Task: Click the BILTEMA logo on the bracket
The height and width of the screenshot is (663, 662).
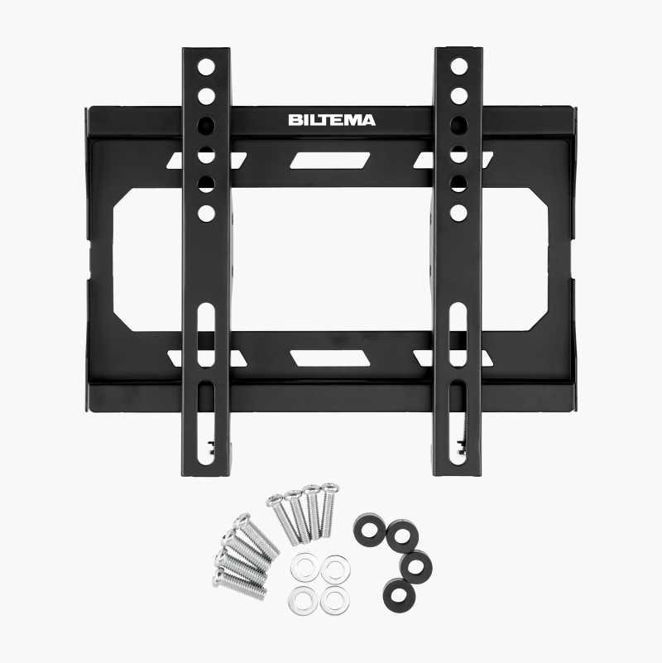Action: coord(332,121)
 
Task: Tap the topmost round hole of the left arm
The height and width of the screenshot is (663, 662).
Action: coord(206,67)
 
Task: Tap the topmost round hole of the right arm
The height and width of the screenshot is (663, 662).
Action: coord(458,66)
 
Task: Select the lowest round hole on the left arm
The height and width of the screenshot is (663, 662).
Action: coord(206,214)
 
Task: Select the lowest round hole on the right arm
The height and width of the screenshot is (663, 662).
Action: coord(458,213)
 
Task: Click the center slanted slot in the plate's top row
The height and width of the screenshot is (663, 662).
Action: coord(329,161)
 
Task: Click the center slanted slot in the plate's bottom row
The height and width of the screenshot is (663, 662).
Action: coord(329,358)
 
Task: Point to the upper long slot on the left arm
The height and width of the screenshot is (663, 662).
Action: coord(206,334)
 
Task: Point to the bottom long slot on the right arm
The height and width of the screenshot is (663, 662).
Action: coord(458,423)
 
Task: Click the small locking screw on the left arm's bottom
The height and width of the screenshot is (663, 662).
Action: coord(211,447)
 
